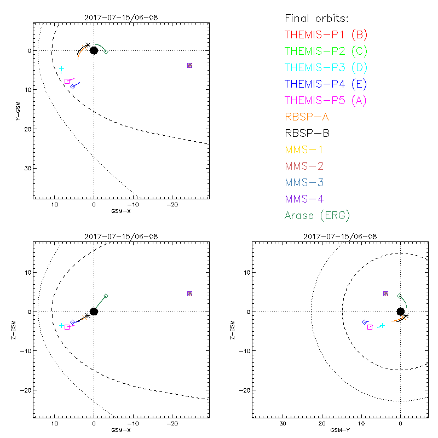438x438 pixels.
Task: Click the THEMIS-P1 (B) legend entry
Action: tap(326, 36)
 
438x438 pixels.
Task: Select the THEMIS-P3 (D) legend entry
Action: tap(326, 68)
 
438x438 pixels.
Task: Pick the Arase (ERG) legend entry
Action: tap(317, 215)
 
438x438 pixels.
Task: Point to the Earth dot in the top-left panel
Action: tap(94, 50)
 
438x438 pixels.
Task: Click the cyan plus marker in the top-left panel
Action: tap(62, 69)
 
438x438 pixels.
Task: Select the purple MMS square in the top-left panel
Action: tap(189, 65)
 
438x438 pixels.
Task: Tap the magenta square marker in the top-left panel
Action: tap(67, 81)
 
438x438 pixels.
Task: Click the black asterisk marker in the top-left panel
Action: tap(88, 45)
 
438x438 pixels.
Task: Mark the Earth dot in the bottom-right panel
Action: tap(400, 312)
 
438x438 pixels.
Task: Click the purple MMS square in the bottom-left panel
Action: tap(189, 293)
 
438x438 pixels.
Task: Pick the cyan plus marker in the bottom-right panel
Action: tap(382, 325)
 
